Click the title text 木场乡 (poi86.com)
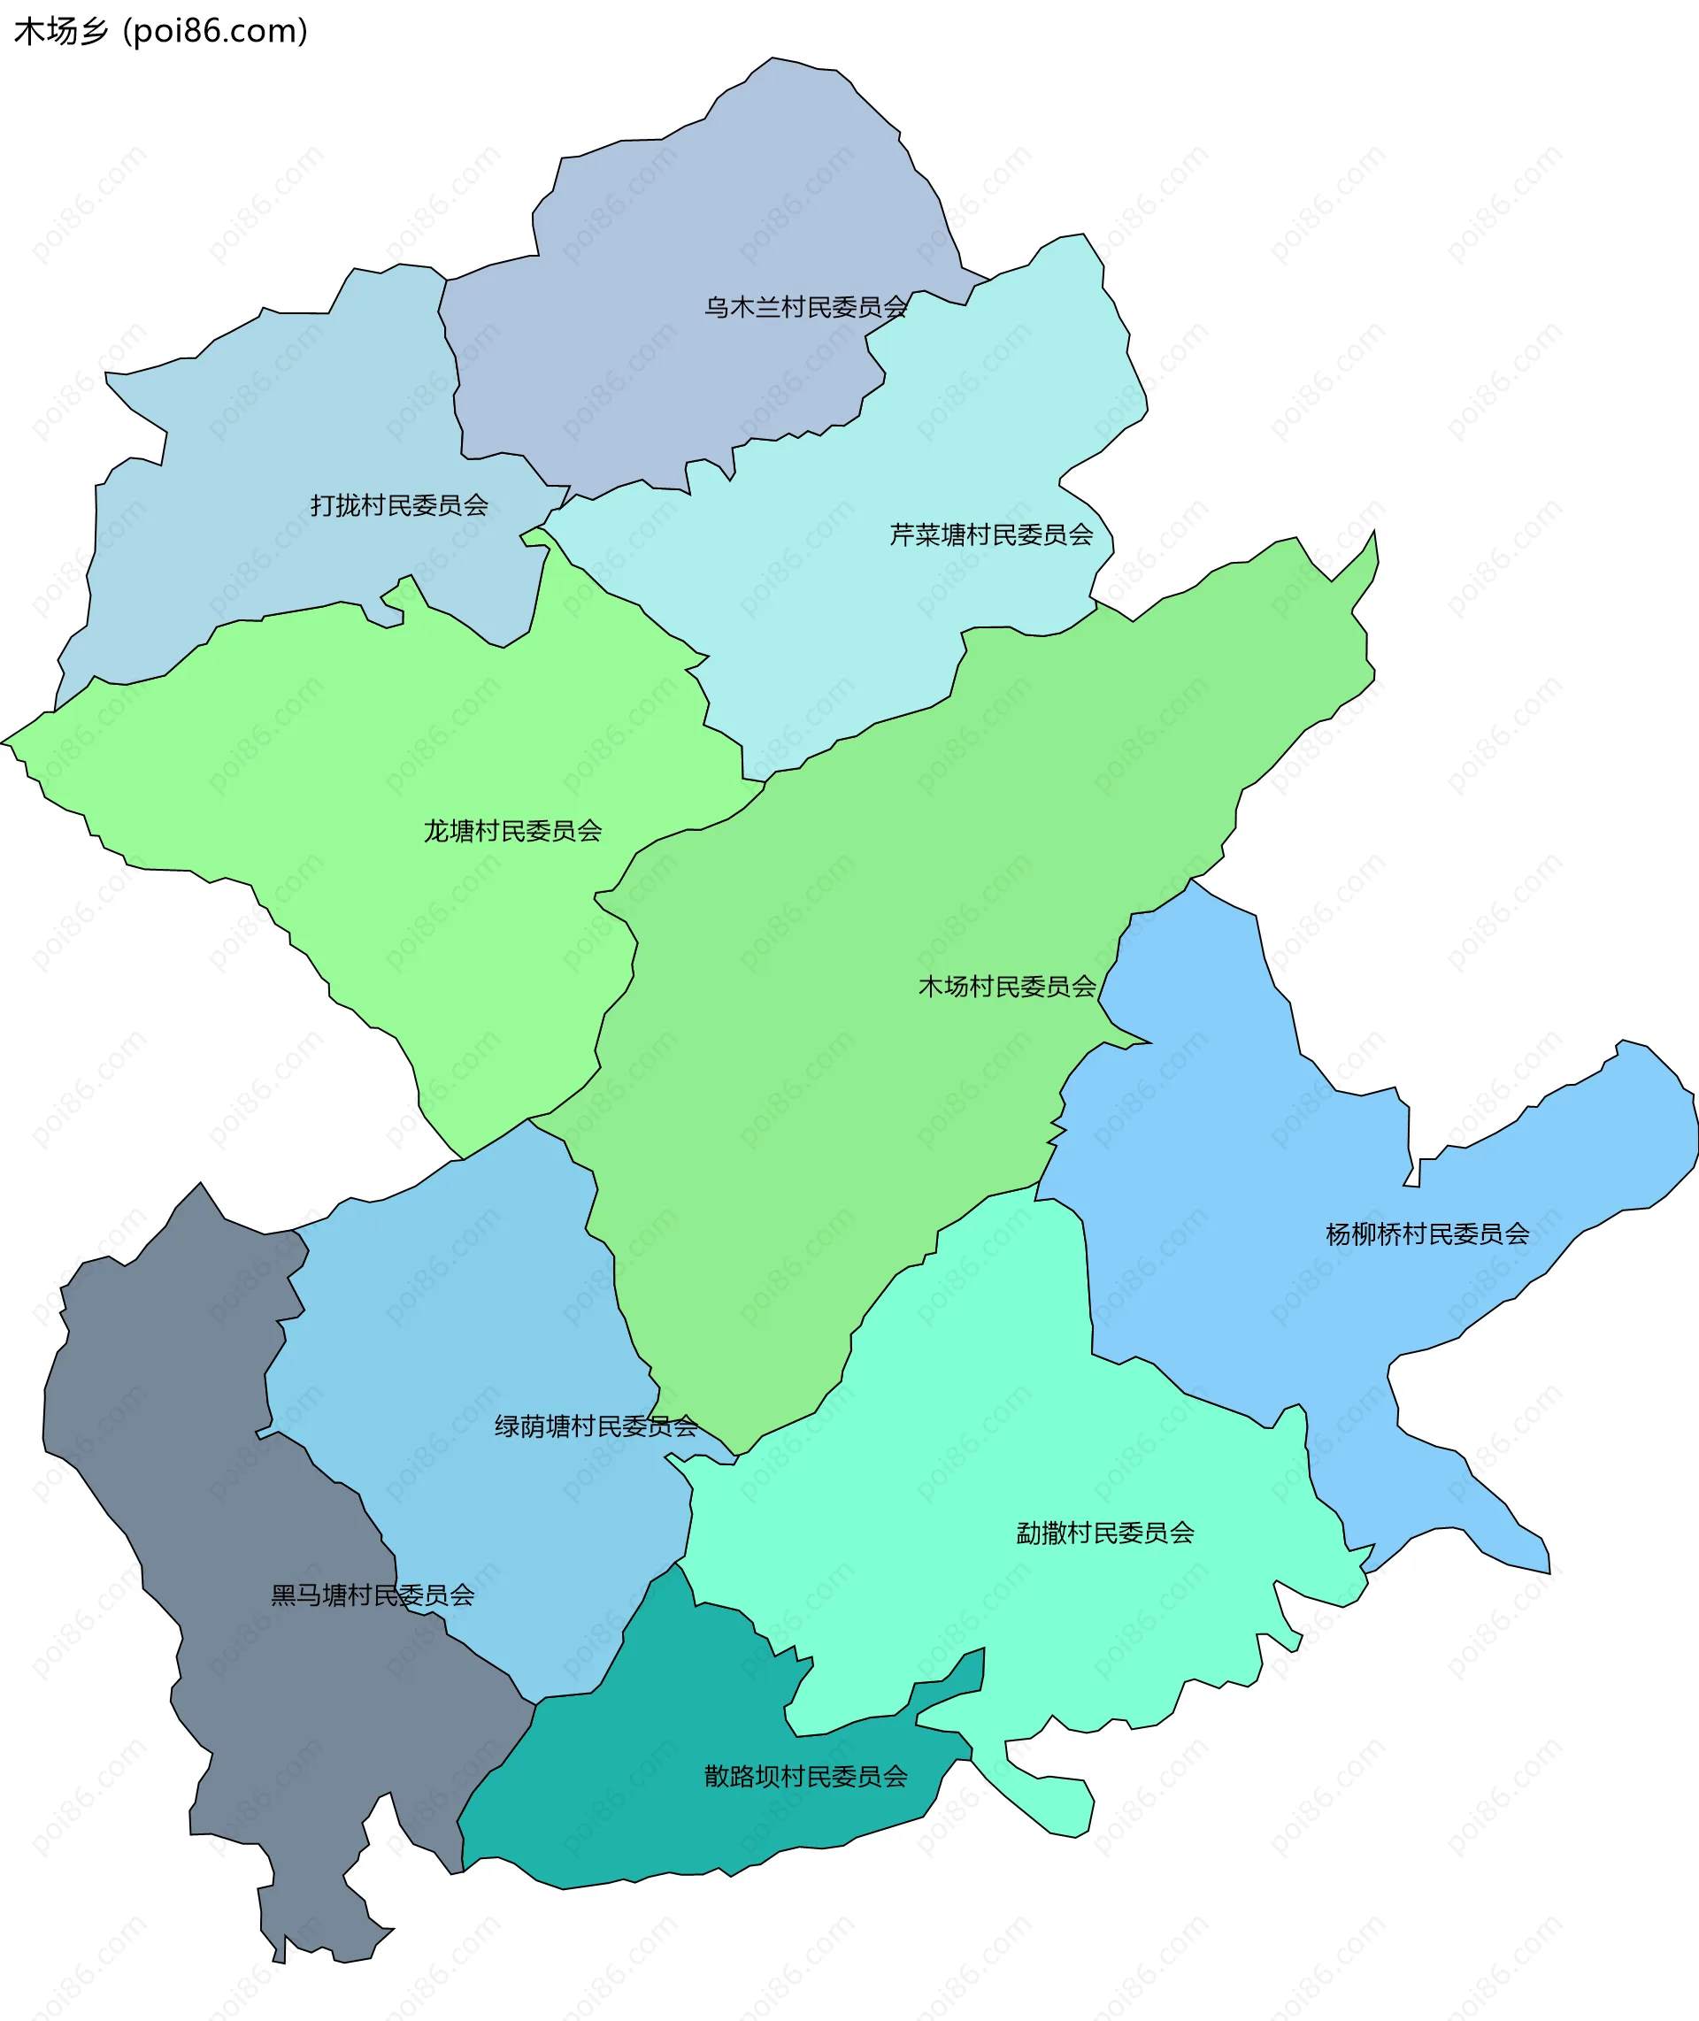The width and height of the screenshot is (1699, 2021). pyautogui.click(x=160, y=31)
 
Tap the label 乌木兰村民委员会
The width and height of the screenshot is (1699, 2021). pyautogui.click(x=805, y=307)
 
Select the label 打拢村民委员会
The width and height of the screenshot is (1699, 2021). pyautogui.click(x=399, y=504)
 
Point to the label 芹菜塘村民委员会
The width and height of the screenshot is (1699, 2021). pyautogui.click(x=991, y=534)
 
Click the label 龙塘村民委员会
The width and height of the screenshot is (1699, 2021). pyautogui.click(x=512, y=830)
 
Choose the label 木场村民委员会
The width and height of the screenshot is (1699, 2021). pyautogui.click(x=1006, y=986)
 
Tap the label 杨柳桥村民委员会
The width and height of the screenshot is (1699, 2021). pyautogui.click(x=1426, y=1233)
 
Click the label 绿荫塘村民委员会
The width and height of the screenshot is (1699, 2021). pyautogui.click(x=596, y=1426)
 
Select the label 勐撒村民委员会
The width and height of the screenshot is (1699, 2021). pyautogui.click(x=1104, y=1533)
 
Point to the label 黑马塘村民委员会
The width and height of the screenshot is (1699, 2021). pyautogui.click(x=373, y=1595)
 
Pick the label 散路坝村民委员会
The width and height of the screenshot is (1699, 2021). pyautogui.click(x=805, y=1777)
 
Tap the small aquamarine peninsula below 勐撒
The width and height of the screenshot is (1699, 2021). pyautogui.click(x=1049, y=1801)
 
